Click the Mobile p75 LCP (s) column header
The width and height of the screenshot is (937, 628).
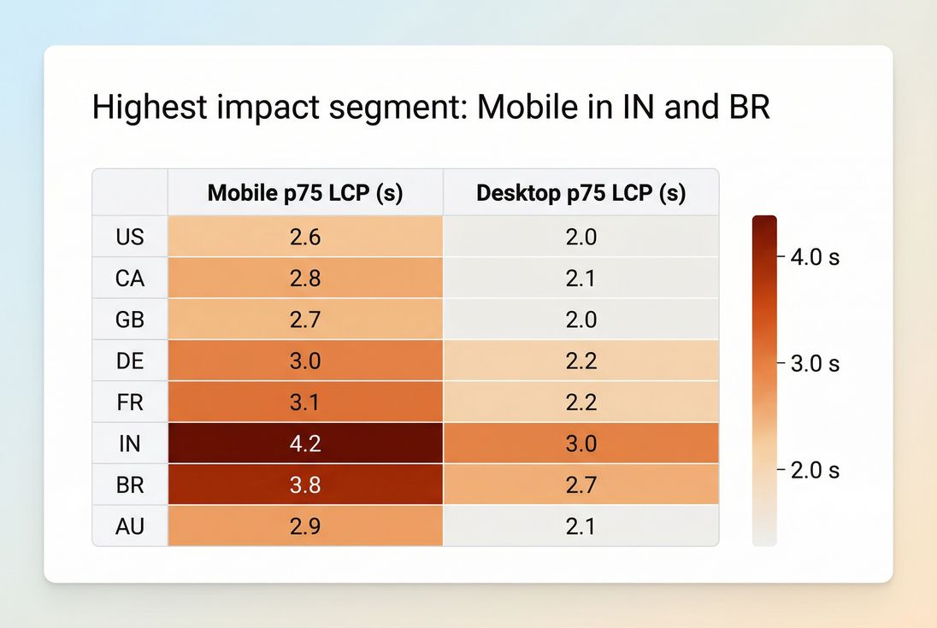[x=304, y=193]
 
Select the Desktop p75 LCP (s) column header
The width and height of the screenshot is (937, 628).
[x=580, y=193]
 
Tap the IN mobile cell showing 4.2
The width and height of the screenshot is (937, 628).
[x=304, y=443]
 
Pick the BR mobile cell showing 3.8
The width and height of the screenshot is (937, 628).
[x=304, y=485]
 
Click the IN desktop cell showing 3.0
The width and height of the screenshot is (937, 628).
[x=580, y=443]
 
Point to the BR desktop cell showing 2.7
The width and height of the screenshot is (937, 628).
[x=580, y=485]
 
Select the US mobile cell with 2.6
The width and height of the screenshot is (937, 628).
[x=304, y=236]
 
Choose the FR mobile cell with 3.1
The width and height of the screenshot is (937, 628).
[x=304, y=402]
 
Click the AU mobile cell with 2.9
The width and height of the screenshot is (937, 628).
[x=304, y=526]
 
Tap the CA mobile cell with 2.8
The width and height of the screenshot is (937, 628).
[x=304, y=278]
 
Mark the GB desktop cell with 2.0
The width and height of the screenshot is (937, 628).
[x=580, y=320]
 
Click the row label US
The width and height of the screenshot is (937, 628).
[x=130, y=236]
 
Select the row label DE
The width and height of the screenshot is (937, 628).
[x=130, y=361]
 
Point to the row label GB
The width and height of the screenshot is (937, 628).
[x=130, y=320]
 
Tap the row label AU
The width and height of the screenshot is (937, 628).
[x=130, y=526]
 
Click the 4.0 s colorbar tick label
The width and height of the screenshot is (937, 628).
[x=815, y=256]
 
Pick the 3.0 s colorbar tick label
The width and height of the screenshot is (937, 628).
[x=815, y=364]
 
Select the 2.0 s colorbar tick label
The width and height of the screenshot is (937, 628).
[x=815, y=471]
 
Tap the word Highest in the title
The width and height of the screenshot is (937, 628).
[x=148, y=109]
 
